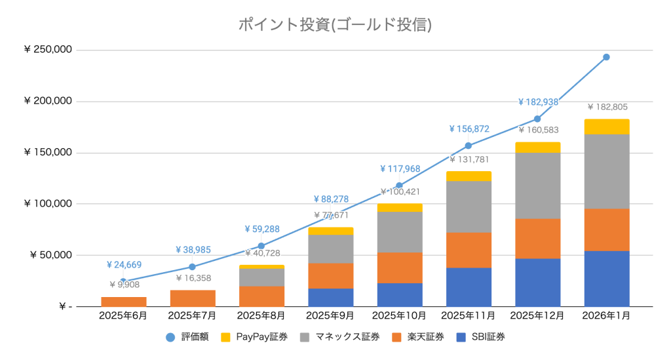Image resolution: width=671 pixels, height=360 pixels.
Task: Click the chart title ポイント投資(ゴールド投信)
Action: [x=335, y=25]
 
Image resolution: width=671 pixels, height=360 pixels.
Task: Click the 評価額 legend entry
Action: [x=189, y=337]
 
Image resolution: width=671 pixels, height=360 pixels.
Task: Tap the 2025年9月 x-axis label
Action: [x=330, y=315]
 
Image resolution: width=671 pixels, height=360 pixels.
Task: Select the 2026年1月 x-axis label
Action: [x=606, y=315]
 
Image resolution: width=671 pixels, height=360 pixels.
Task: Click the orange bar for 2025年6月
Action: [x=123, y=302]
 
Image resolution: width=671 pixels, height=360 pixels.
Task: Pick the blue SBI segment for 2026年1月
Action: [x=606, y=279]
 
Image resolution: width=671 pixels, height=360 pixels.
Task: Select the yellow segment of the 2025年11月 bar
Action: [x=469, y=176]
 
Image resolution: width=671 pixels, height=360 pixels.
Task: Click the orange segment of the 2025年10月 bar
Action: [x=399, y=268]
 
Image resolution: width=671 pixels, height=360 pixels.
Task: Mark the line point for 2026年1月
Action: [x=606, y=57]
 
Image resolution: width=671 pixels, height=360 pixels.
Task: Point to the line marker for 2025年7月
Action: [x=192, y=267]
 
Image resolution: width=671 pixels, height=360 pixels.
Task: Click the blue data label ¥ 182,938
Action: [x=538, y=102]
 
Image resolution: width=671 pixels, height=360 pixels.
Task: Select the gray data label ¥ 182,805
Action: [x=607, y=107]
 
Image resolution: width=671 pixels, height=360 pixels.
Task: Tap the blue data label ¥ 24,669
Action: [x=124, y=265]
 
